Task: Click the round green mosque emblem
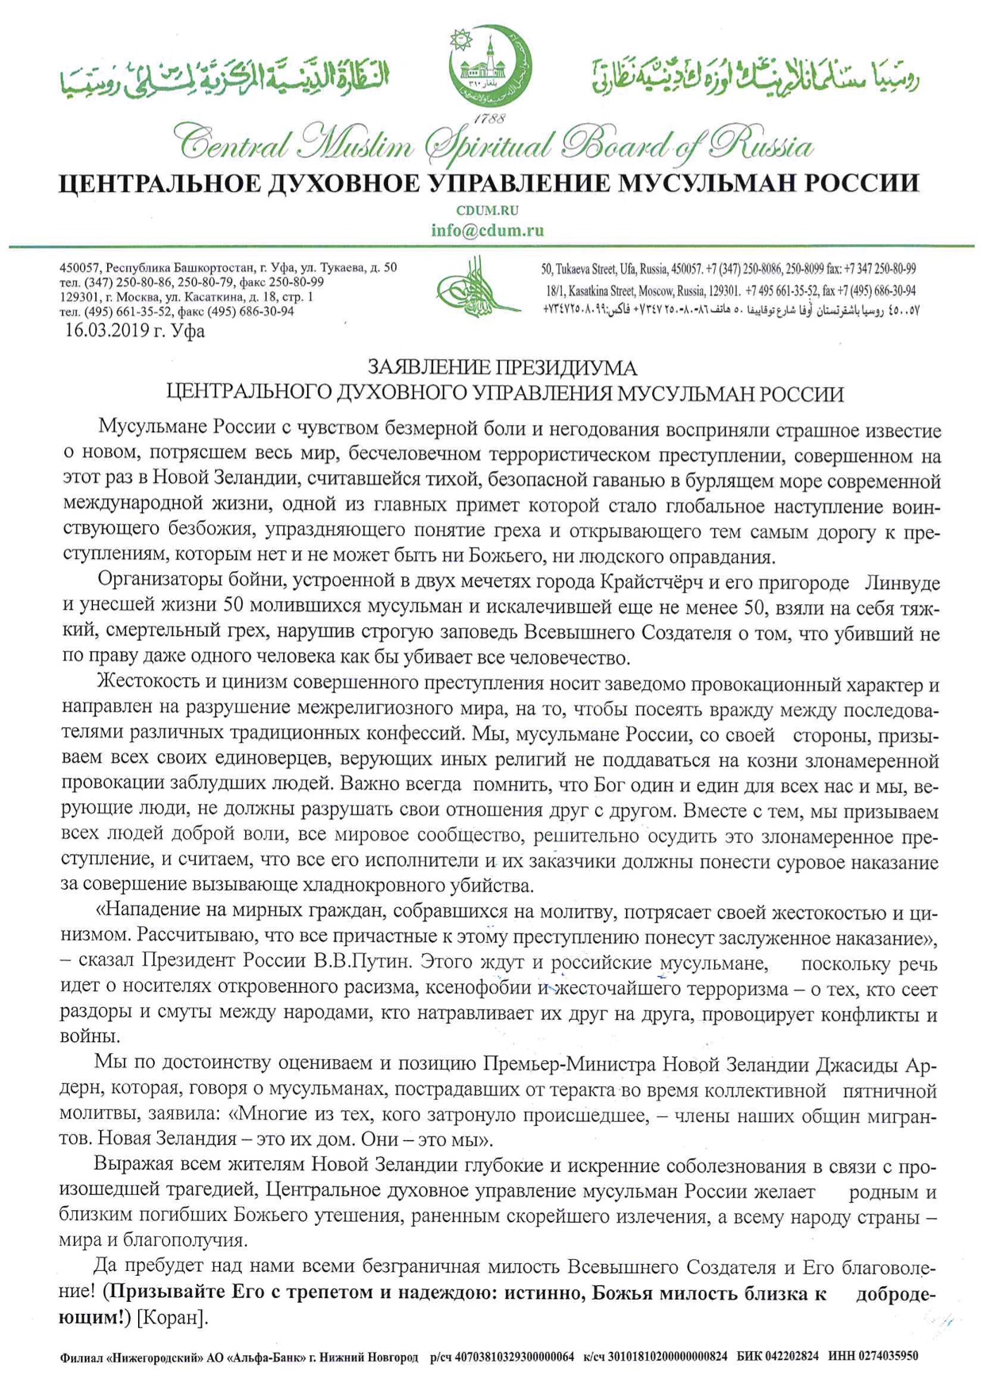tap(490, 67)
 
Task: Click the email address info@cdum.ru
tap(487, 231)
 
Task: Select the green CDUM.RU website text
tap(487, 211)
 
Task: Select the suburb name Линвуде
tap(902, 583)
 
